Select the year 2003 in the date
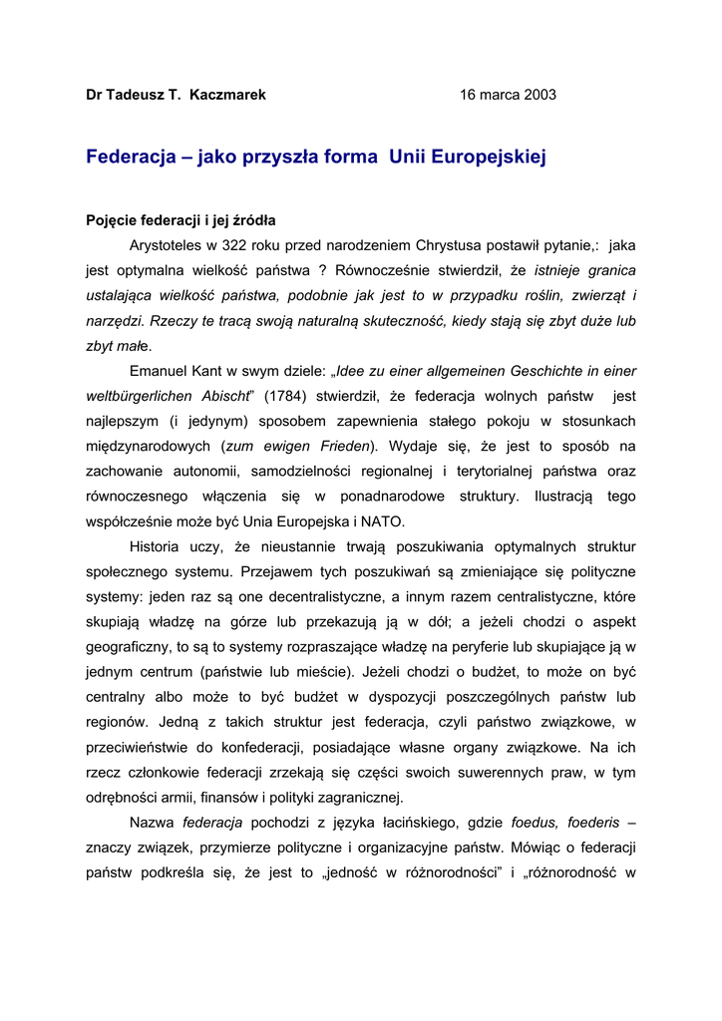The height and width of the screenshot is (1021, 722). (x=539, y=95)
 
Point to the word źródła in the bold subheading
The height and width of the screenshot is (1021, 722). (x=253, y=219)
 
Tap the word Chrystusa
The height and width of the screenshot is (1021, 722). (x=468, y=244)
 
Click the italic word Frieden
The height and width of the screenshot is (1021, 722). (x=341, y=446)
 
